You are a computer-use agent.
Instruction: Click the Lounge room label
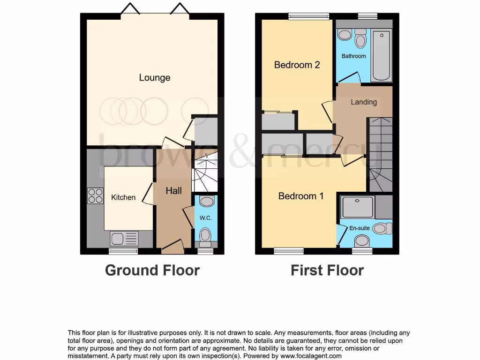click(155, 78)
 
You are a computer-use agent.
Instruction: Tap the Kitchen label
click(123, 197)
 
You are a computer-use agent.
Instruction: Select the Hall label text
click(173, 190)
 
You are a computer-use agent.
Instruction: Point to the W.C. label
click(206, 218)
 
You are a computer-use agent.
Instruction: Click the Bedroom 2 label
click(297, 65)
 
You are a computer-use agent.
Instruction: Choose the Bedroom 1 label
click(300, 196)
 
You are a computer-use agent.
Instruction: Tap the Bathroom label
click(353, 56)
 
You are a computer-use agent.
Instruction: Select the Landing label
click(363, 102)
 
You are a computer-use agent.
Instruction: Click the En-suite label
click(360, 228)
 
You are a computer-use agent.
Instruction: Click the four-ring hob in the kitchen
click(95, 195)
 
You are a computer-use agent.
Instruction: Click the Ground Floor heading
click(152, 270)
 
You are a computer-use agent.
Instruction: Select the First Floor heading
click(327, 270)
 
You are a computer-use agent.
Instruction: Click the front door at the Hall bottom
click(172, 246)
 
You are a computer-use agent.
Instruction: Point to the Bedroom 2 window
click(308, 17)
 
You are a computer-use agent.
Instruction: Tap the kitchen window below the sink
click(124, 252)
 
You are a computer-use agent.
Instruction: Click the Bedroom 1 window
click(289, 252)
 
